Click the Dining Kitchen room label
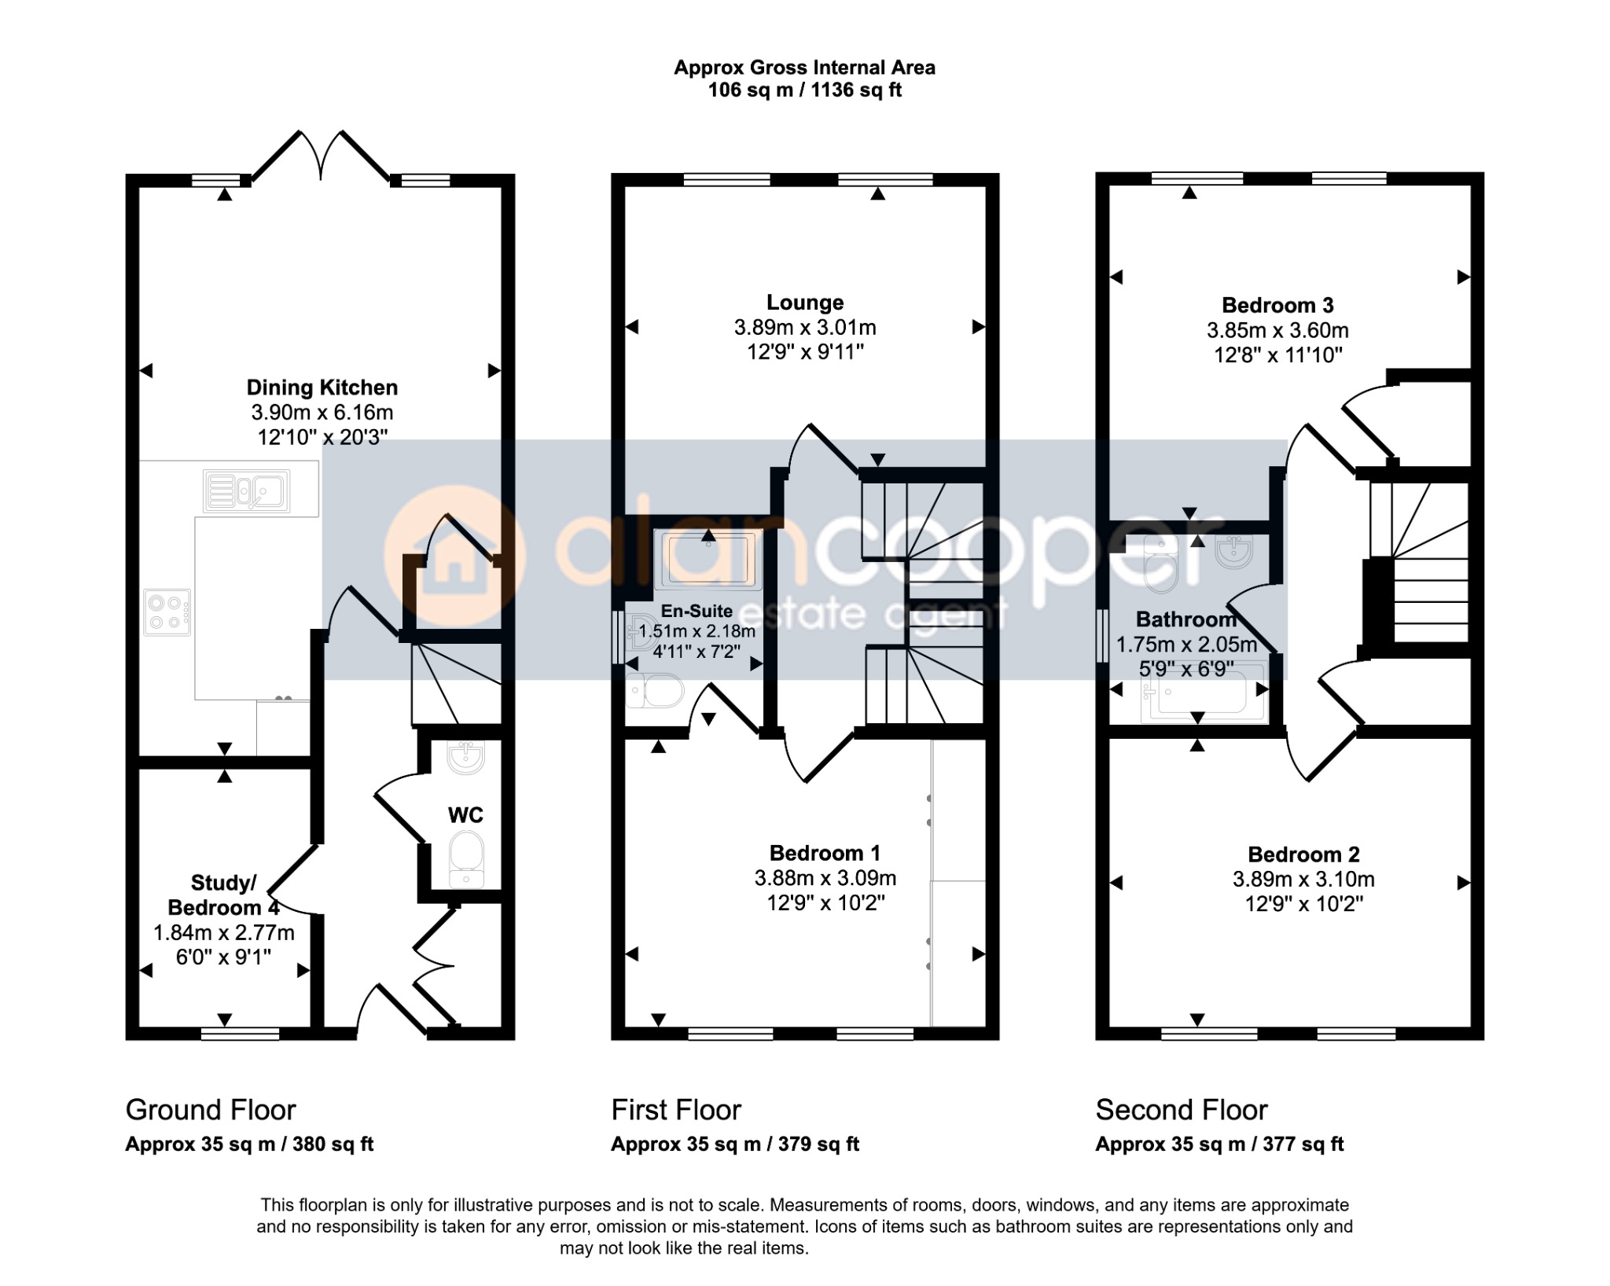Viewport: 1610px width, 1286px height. point(322,388)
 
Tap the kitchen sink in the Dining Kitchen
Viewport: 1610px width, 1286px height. point(246,491)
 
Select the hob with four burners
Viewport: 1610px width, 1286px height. point(167,612)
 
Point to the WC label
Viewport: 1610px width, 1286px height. point(465,815)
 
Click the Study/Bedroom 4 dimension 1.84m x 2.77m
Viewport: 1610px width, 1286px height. point(224,933)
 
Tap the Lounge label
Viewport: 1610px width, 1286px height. point(805,303)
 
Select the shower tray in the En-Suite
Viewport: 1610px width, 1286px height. point(708,560)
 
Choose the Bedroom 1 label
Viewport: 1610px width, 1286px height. point(825,853)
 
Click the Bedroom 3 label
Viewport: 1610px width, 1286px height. point(1277,305)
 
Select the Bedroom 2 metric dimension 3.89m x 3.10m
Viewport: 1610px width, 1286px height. point(1303,880)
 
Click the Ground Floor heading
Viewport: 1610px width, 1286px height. point(211,1110)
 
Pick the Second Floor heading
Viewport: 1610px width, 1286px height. point(1182,1110)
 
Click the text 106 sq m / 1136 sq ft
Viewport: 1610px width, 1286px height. point(805,90)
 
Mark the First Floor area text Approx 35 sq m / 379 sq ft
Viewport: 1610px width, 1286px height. point(735,1145)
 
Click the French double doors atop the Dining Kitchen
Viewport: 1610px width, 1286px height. point(321,156)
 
